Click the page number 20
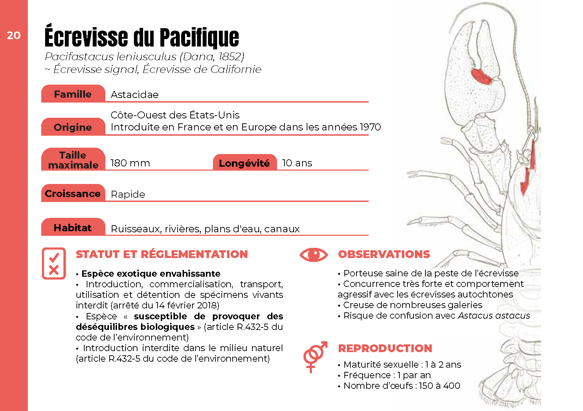pos(14,35)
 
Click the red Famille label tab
pos(73,94)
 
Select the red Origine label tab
pos(73,127)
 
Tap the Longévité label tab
pos(244,163)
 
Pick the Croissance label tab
pos(73,194)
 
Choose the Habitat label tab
pos(73,228)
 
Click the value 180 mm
pos(130,163)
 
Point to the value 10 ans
pos(297,163)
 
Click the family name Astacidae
pos(134,94)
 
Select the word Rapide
pos(128,194)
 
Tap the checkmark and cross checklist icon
pos(54,263)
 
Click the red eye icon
pos(313,254)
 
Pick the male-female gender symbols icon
pos(315,356)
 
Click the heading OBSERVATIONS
pos(384,254)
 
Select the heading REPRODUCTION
pos(385,348)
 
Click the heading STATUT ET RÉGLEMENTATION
pos(162,254)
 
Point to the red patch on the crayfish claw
pos(481,76)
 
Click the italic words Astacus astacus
pos(494,315)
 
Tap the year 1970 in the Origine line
pos(370,127)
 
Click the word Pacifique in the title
pos(199,38)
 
